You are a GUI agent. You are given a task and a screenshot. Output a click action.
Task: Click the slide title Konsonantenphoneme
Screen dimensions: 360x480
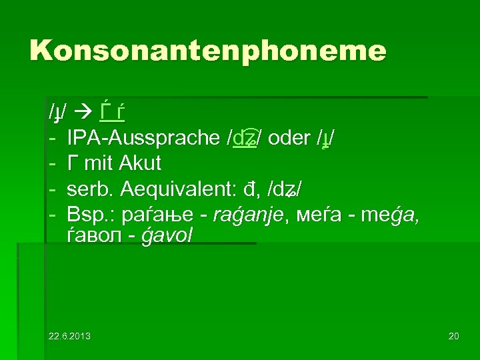(207, 51)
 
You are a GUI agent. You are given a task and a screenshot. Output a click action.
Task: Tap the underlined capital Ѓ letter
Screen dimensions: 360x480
(104, 112)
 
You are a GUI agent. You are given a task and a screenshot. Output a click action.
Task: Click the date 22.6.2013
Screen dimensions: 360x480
(69, 335)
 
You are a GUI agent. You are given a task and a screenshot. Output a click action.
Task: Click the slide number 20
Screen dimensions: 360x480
(453, 335)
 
